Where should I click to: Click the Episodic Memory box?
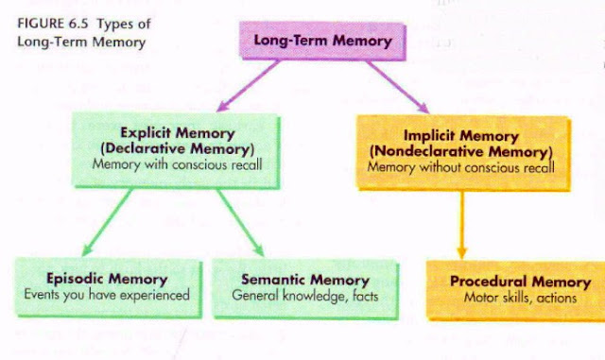point(107,286)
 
